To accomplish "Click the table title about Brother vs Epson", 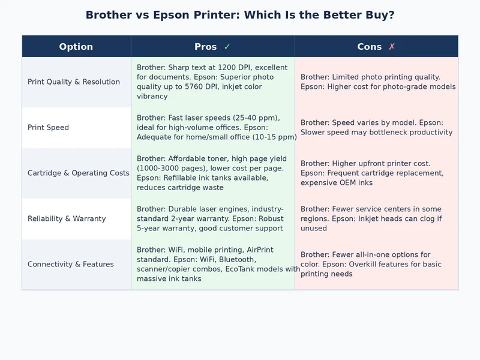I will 240,15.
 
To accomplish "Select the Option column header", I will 76,47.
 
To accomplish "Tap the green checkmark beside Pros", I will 227,47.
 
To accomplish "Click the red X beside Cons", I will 392,47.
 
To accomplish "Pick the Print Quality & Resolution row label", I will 74,82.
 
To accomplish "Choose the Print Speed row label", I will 48,127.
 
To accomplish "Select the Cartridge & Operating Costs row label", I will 78,173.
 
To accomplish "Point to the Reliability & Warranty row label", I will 67,218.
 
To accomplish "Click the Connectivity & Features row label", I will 71,264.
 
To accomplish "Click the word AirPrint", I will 260,250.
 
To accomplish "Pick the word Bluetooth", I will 237,259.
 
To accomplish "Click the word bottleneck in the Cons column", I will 386,132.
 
